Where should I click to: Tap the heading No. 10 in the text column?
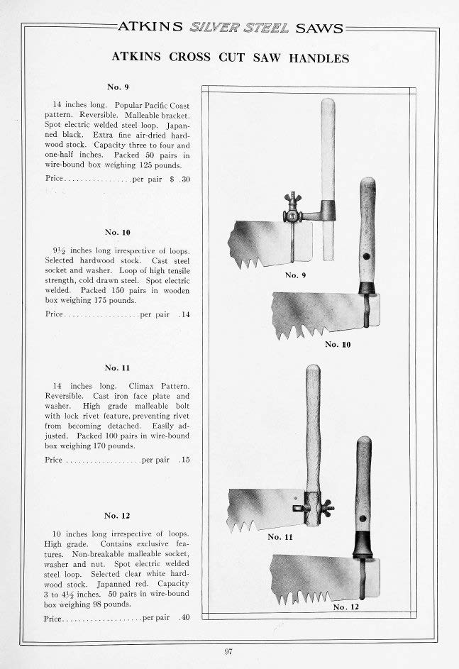click(x=117, y=232)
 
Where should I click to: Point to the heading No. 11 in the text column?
click(x=117, y=367)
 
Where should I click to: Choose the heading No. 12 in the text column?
click(x=117, y=515)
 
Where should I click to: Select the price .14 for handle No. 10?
click(x=185, y=314)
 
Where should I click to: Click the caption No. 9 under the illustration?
click(x=296, y=275)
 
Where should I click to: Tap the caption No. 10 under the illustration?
click(x=338, y=344)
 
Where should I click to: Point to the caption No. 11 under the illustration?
click(x=280, y=537)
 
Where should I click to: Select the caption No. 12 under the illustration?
click(x=346, y=607)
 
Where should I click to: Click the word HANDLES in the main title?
click(x=319, y=58)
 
